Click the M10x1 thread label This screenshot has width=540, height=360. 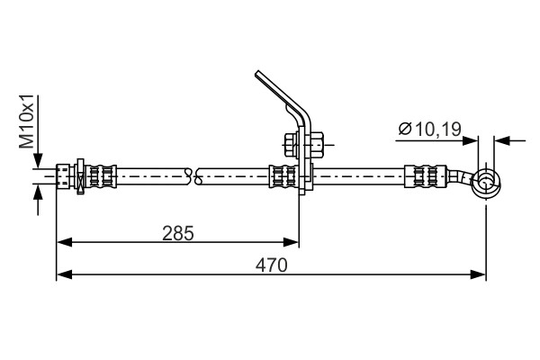tap(29, 124)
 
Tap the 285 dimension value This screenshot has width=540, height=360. tap(178, 232)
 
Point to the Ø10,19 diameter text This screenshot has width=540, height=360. tap(430, 130)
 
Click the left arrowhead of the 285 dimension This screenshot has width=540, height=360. tap(64, 241)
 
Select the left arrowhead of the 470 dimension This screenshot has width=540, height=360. tap(64, 274)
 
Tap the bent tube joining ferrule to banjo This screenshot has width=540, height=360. tap(462, 180)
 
